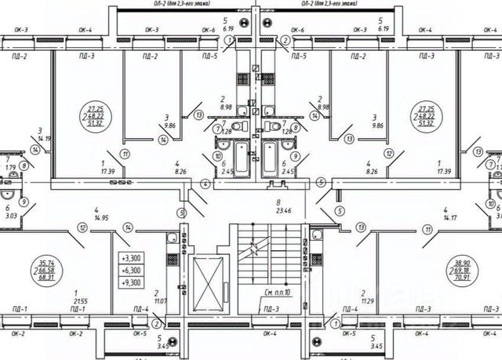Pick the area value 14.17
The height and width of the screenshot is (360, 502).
450,216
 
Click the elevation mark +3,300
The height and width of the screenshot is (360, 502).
130,257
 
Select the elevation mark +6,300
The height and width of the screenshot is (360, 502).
130,269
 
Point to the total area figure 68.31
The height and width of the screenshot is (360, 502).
56,277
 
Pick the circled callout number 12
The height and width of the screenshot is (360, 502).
82,227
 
